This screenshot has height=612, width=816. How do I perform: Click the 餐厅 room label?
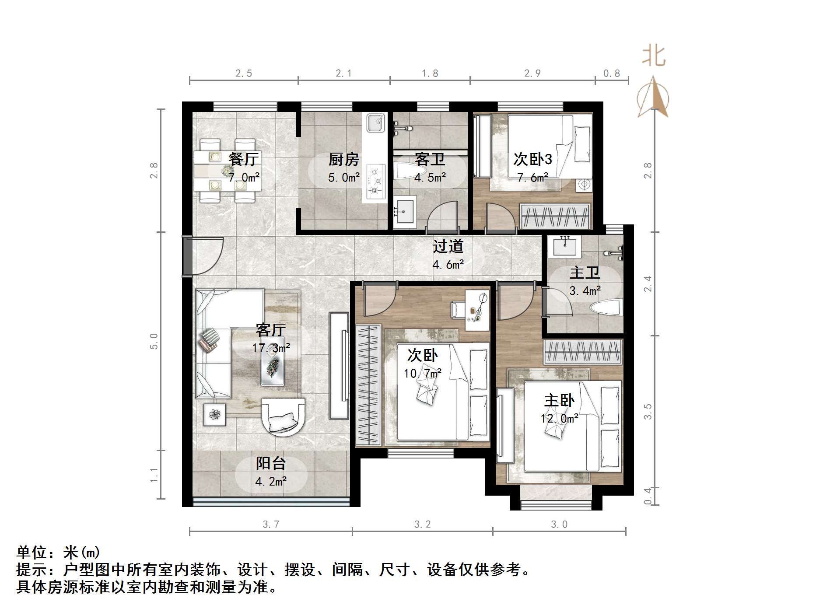click(x=244, y=159)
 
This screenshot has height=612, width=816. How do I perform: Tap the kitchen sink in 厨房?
click(x=375, y=122)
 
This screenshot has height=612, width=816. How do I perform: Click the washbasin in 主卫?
click(x=564, y=247)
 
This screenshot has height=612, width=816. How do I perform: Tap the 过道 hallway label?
click(x=448, y=246)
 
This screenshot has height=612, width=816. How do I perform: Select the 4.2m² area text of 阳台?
click(x=271, y=482)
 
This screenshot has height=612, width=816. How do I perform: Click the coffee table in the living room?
click(x=273, y=361)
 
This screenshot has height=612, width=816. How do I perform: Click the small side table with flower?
click(x=214, y=414)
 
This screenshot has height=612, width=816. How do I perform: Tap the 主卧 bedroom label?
click(x=559, y=400)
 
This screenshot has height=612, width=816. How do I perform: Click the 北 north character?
click(x=654, y=56)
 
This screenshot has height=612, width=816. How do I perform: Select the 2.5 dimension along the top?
click(x=244, y=73)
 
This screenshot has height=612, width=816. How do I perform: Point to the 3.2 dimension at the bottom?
click(x=422, y=524)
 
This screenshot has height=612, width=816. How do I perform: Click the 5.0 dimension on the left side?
click(x=154, y=341)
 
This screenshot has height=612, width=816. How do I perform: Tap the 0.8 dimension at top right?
click(x=611, y=73)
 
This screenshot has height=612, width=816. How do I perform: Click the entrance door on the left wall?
click(x=187, y=257)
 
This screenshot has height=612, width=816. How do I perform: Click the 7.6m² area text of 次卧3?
click(x=532, y=178)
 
